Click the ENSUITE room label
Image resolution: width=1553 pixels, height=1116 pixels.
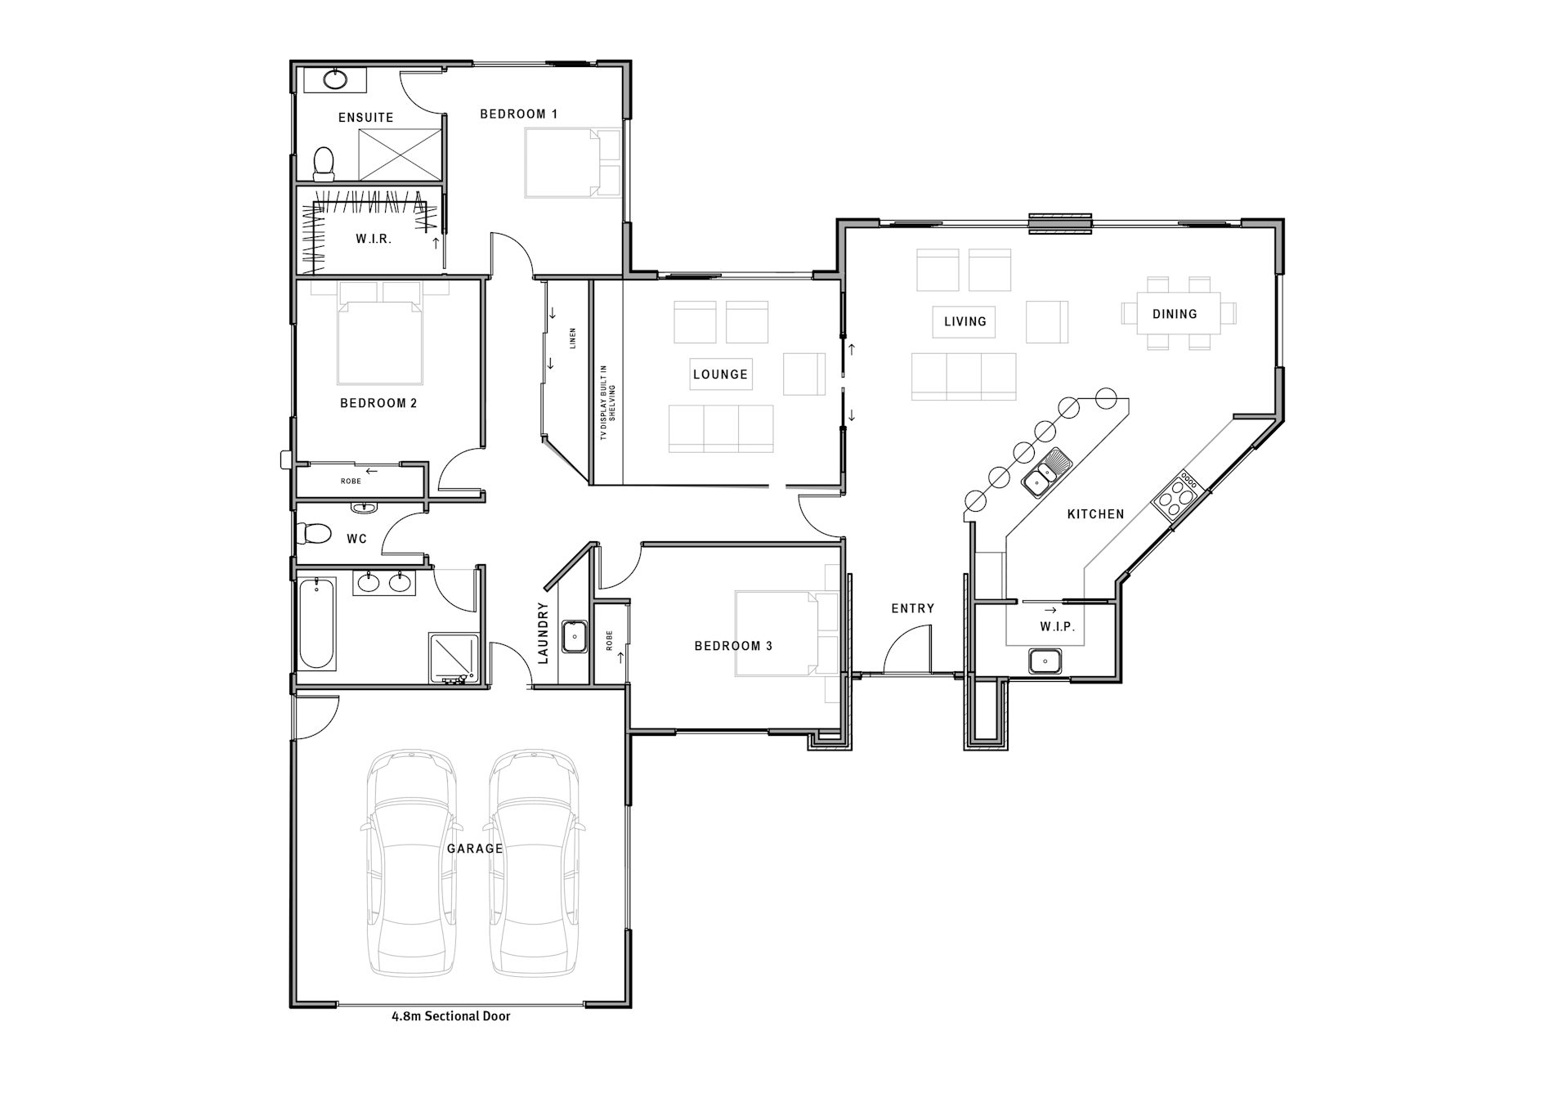pos(366,118)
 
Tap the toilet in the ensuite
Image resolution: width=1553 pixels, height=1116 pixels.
pos(324,164)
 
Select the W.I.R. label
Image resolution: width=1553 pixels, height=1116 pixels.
pos(374,240)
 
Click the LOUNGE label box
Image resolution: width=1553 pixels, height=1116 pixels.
pos(720,374)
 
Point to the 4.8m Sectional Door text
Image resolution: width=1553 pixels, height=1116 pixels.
pos(451,1016)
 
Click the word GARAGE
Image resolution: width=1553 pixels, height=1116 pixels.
pos(475,849)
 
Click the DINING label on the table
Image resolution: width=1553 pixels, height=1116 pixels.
pos(1175,314)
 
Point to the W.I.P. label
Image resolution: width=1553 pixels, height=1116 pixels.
pos(1057,627)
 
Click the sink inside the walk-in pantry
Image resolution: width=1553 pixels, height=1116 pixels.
pos(1045,661)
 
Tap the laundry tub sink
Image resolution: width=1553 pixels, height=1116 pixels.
pos(575,636)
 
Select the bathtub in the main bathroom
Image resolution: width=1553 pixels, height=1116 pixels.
pos(316,624)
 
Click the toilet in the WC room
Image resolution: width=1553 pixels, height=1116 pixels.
pos(314,535)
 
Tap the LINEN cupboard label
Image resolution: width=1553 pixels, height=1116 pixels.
pos(573,338)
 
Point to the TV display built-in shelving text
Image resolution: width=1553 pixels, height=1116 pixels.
pos(608,402)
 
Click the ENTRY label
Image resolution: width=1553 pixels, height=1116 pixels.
pos(912,608)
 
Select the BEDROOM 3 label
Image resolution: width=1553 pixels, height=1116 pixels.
pos(733,646)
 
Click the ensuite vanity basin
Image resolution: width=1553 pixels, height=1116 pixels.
pos(333,80)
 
